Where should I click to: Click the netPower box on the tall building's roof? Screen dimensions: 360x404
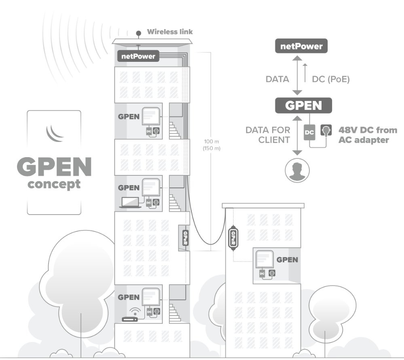click(x=138, y=56)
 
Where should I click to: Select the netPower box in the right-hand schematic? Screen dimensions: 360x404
click(x=302, y=46)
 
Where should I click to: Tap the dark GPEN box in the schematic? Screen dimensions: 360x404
click(x=303, y=105)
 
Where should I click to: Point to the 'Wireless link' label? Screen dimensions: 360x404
click(x=169, y=32)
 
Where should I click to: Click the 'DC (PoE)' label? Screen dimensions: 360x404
click(x=330, y=80)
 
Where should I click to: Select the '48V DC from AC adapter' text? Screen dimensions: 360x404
click(x=367, y=135)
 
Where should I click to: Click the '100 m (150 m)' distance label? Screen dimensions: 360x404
click(x=209, y=145)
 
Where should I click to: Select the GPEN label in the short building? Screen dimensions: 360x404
click(x=287, y=259)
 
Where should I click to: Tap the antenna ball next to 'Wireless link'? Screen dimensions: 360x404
click(x=138, y=33)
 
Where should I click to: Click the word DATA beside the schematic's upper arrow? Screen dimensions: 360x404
click(x=277, y=80)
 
